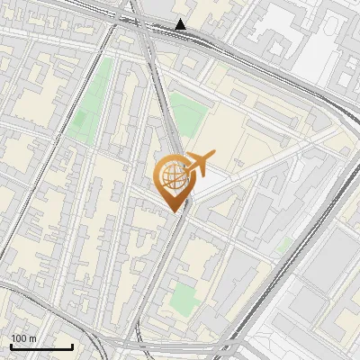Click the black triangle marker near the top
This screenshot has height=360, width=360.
point(182,24)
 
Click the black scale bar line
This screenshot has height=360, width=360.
point(41,346)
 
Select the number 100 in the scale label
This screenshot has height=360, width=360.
point(20,338)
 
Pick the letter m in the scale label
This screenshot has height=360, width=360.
point(32,338)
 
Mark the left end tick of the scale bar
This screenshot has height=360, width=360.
point(11,345)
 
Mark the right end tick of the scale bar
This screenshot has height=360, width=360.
point(72,345)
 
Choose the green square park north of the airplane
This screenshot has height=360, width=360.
point(188,113)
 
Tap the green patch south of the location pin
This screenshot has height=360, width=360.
point(184,297)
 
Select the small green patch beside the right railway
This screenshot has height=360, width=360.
point(285,244)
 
